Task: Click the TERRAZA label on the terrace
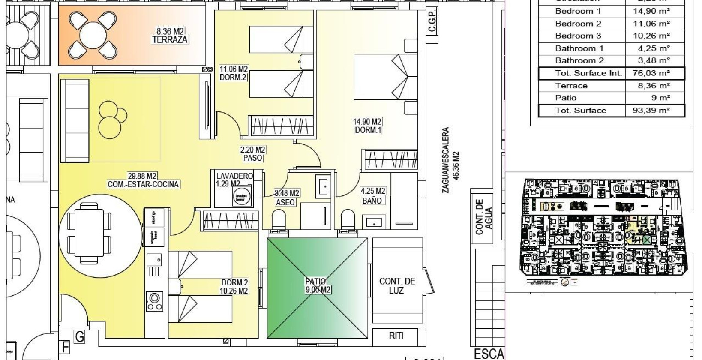click(170, 40)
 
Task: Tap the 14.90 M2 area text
click(367, 122)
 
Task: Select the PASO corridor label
click(252, 158)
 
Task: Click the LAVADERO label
click(234, 176)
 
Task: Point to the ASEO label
click(285, 202)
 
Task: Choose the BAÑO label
click(372, 200)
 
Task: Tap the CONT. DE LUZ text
click(397, 286)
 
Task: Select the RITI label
click(396, 336)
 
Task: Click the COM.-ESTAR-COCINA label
click(143, 184)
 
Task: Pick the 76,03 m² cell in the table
click(651, 73)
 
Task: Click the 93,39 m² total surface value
click(651, 111)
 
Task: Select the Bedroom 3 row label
click(578, 36)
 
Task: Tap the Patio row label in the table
click(566, 98)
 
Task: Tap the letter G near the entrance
click(80, 337)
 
